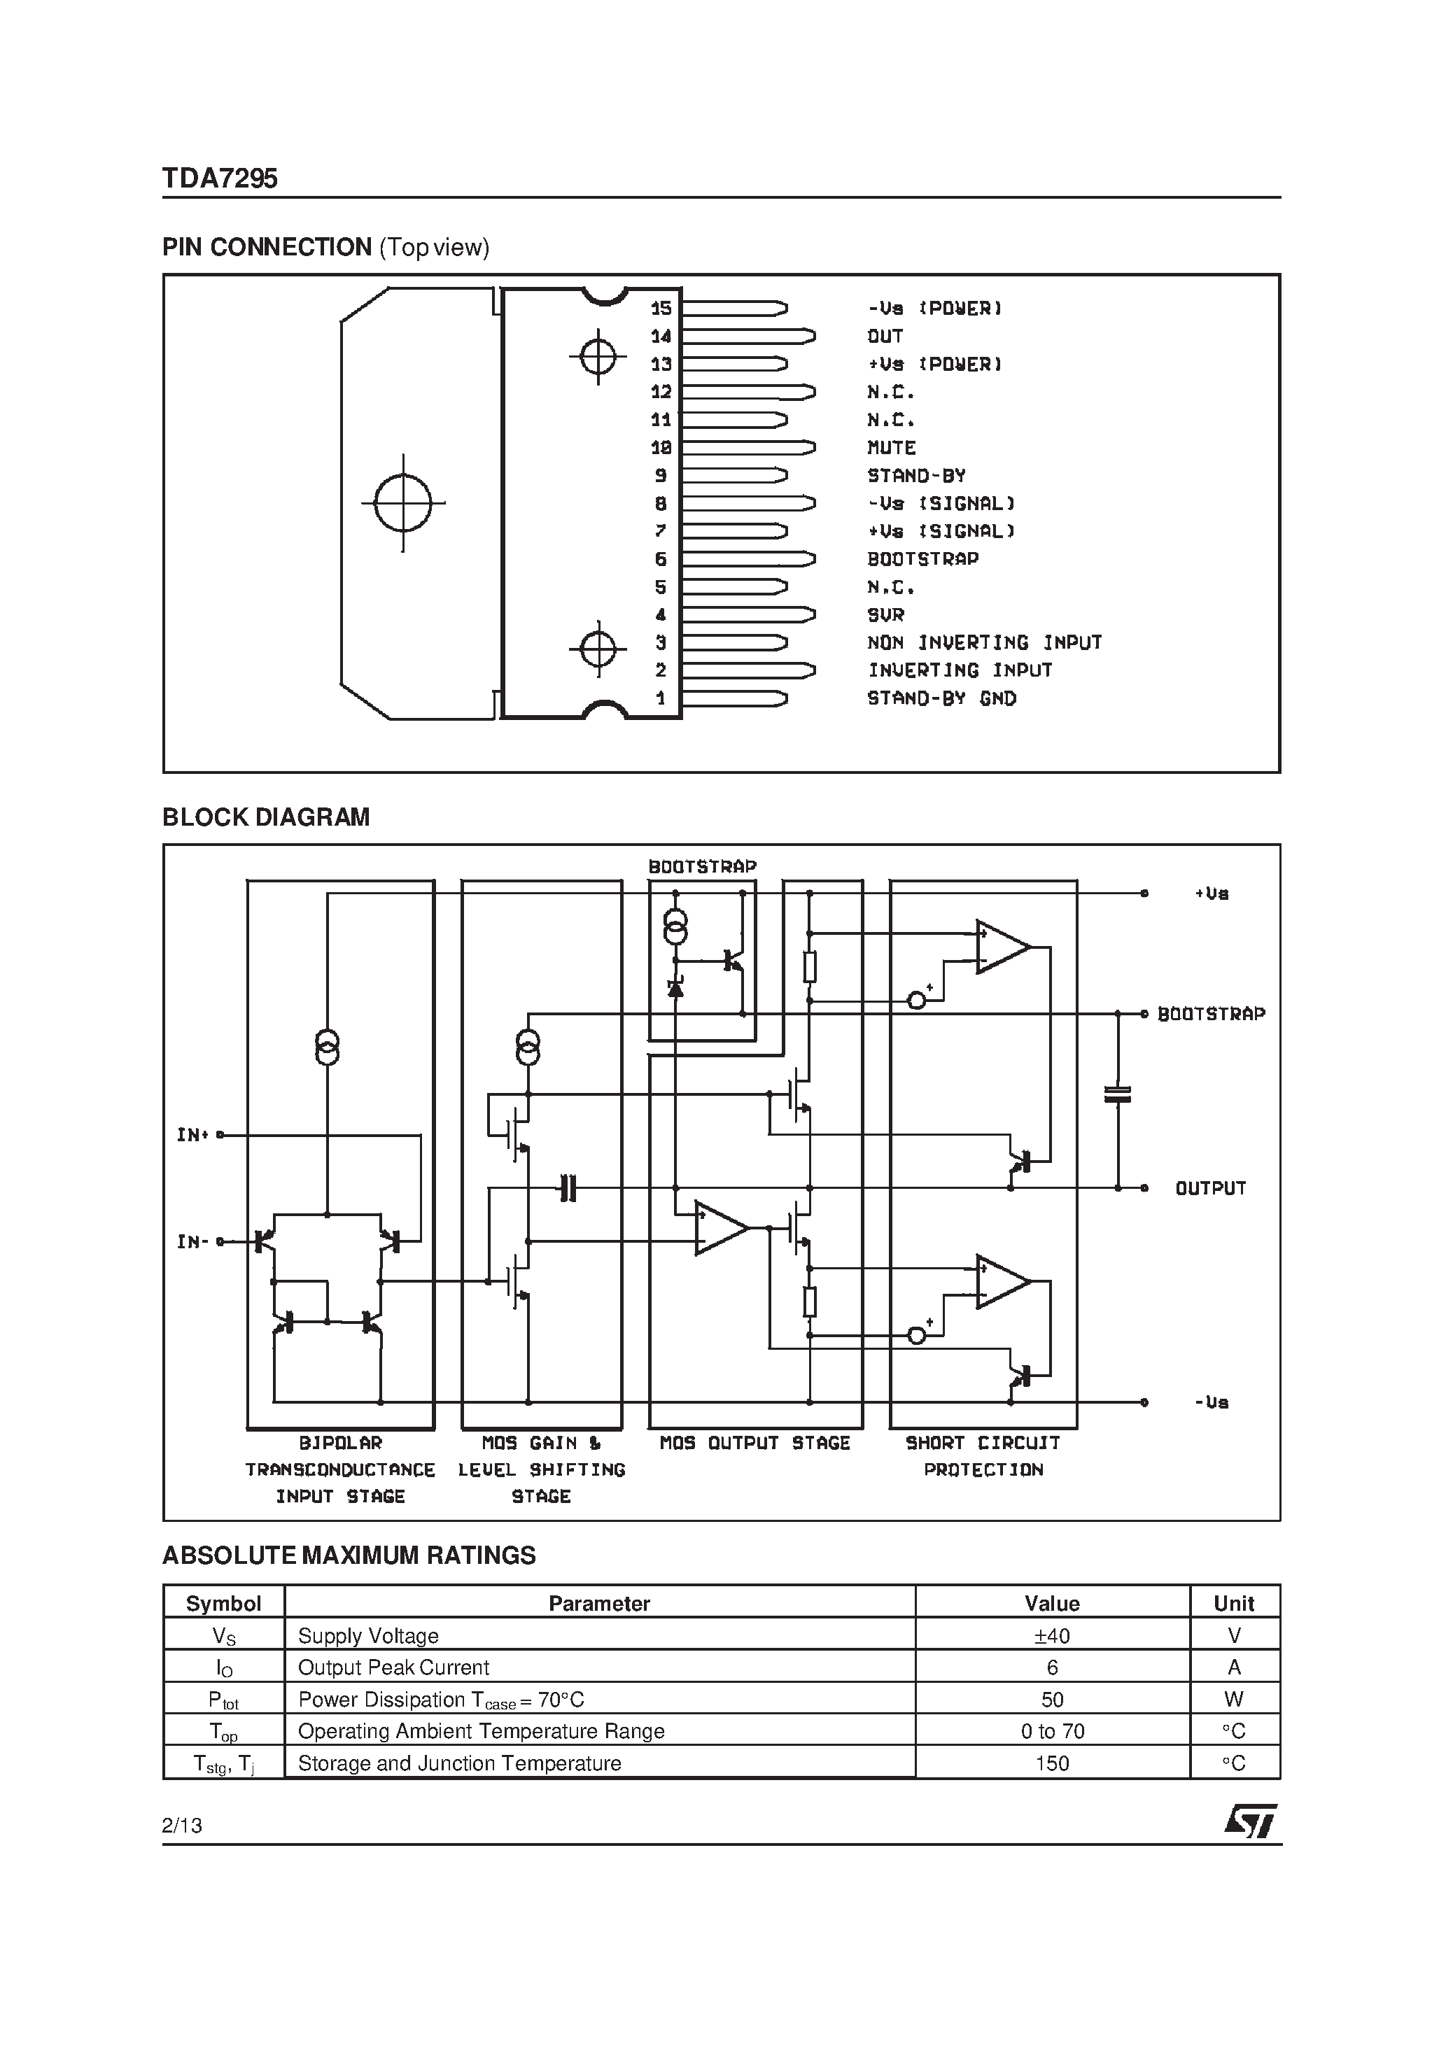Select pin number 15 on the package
click(661, 309)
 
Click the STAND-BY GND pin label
click(941, 698)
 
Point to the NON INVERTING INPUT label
click(983, 642)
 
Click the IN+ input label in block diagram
click(192, 1134)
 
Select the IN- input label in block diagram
click(192, 1241)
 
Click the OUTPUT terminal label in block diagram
click(1209, 1188)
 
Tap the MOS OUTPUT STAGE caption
click(754, 1443)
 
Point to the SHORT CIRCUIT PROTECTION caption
click(983, 1455)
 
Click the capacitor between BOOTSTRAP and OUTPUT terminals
click(1117, 1094)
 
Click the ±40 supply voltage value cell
click(1051, 1635)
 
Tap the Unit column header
click(1233, 1603)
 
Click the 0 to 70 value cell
click(1052, 1730)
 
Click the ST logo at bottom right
click(1250, 1821)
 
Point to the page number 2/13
click(182, 1825)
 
